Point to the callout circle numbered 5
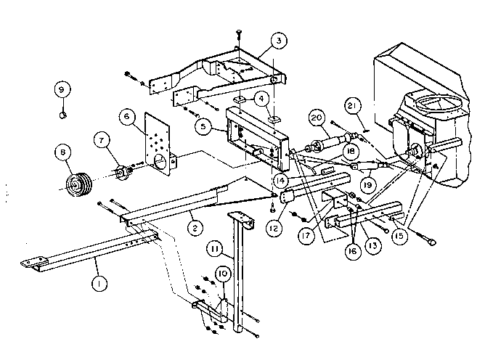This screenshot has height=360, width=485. point(205,124)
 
